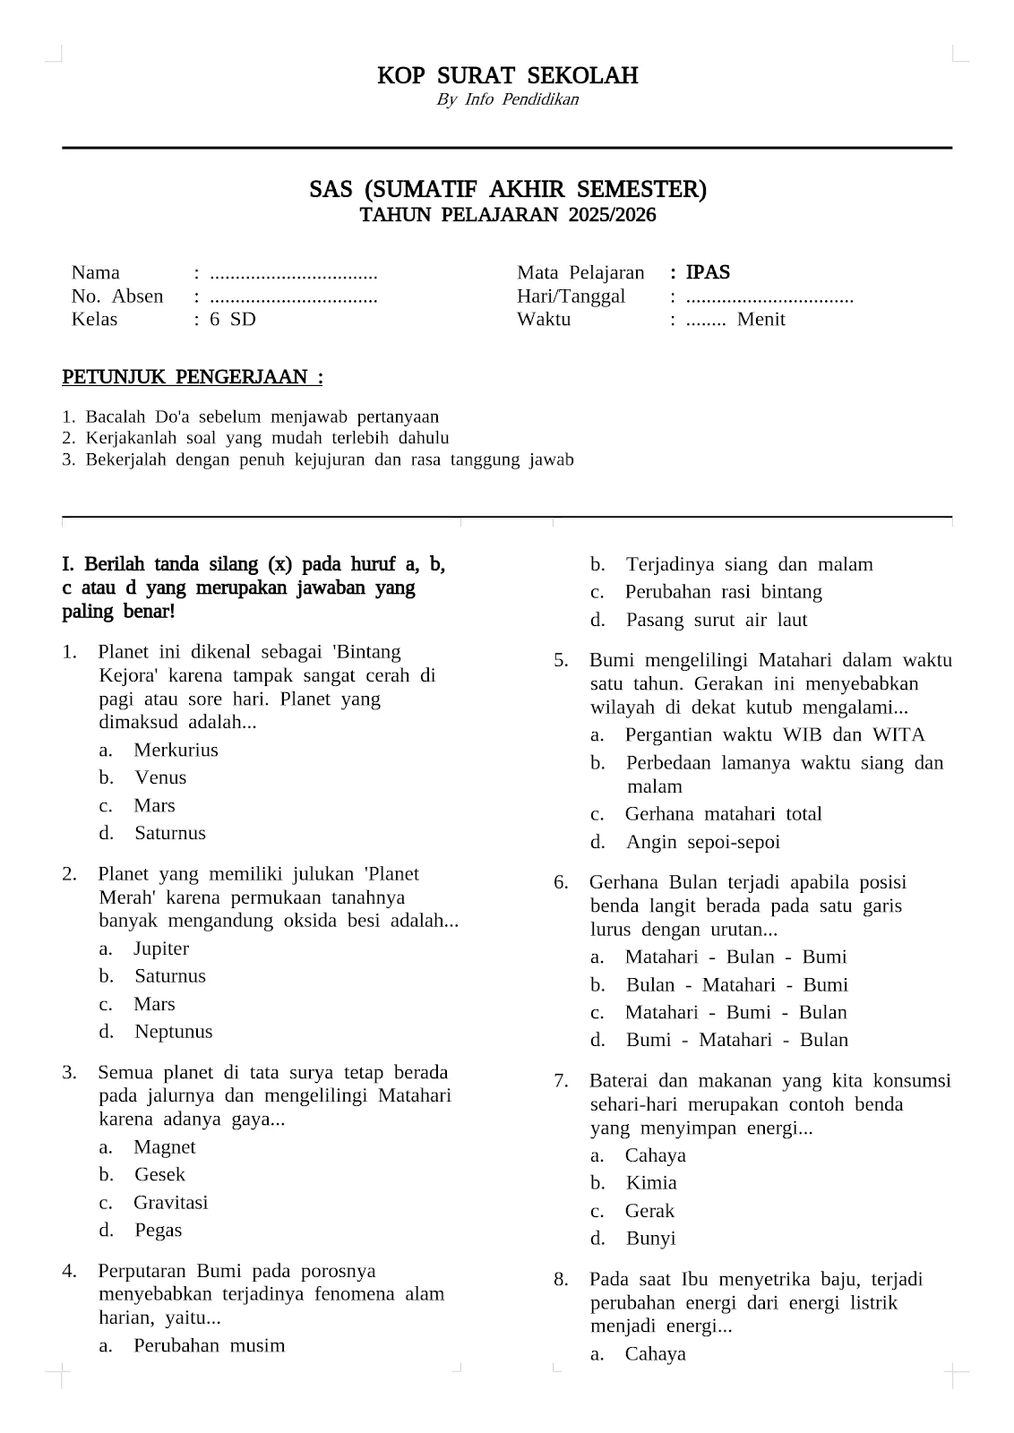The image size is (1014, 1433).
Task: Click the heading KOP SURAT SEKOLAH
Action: point(507,75)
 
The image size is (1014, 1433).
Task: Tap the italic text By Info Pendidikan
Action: point(507,99)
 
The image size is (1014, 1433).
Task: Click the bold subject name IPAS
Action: point(708,272)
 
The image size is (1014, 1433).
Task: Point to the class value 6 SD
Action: point(233,320)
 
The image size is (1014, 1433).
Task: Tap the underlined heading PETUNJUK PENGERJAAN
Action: point(192,377)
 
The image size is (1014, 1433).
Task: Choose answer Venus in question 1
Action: point(160,777)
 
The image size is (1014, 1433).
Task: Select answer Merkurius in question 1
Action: point(176,750)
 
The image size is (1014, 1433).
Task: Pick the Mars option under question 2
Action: point(154,1004)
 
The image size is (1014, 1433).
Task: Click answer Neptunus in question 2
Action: point(174,1032)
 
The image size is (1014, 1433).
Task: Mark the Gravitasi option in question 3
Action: point(170,1203)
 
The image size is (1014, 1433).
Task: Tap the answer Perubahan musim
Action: point(209,1345)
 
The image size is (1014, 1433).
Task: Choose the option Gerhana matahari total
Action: point(723,814)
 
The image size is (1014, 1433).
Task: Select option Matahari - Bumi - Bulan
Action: point(735,1012)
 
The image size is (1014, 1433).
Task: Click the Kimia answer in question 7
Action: point(651,1183)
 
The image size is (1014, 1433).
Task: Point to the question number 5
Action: point(561,661)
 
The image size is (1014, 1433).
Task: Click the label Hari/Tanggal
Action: point(571,296)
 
